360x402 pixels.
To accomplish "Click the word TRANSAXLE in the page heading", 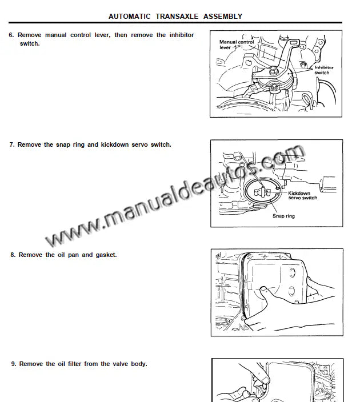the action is tap(177, 17).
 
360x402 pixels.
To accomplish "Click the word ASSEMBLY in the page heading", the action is tap(223, 17).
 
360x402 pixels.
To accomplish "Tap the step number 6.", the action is tap(11, 35).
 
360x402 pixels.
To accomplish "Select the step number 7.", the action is tap(12, 144).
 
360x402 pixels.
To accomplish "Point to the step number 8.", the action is tap(13, 255).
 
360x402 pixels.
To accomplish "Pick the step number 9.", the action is tap(14, 364).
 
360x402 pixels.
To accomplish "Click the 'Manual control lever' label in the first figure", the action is tap(237, 45).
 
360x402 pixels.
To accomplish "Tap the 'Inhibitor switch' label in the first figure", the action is tap(324, 70).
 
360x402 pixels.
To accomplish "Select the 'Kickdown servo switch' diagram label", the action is tap(302, 195).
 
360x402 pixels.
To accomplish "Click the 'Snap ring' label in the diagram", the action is tap(283, 216).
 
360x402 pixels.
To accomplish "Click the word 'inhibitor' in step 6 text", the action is tap(182, 35).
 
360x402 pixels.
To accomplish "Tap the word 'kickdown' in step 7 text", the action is tap(115, 144).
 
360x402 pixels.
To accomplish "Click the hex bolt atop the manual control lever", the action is tap(273, 70).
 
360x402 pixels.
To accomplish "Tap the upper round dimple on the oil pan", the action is tap(292, 272).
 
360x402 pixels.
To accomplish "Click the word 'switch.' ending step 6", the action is tap(30, 43).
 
